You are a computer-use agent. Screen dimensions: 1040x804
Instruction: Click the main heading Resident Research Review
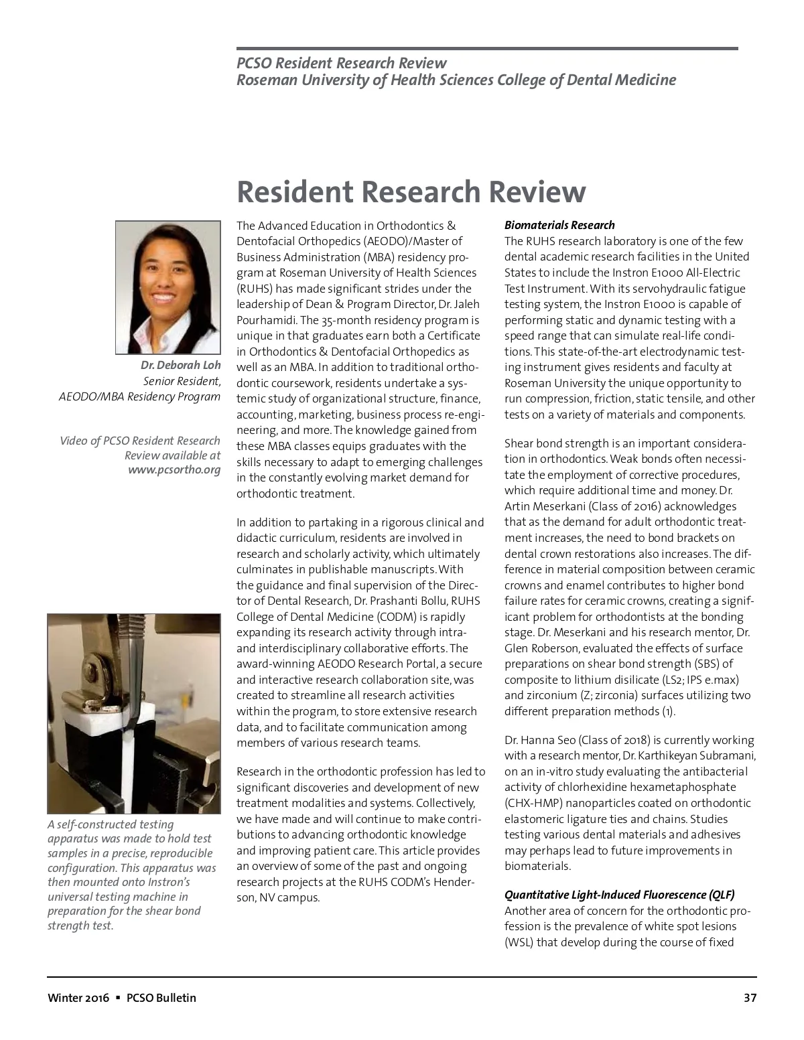(x=411, y=192)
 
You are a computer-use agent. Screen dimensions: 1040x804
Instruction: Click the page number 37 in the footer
(x=750, y=998)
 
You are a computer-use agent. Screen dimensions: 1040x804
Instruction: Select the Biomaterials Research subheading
(x=559, y=225)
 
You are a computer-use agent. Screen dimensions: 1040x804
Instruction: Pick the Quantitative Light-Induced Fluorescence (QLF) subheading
(x=619, y=895)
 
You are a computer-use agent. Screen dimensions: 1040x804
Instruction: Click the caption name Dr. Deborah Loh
(x=180, y=366)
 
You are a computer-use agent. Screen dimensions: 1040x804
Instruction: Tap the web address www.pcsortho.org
(x=174, y=469)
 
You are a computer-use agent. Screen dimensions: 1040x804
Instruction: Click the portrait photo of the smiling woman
(x=167, y=287)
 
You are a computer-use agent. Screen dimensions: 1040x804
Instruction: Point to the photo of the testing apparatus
(x=133, y=713)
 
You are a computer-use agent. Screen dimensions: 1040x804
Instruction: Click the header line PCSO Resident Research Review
(x=341, y=63)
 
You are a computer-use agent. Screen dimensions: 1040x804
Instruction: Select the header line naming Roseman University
(x=456, y=80)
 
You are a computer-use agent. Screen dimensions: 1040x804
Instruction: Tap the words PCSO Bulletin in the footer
(x=161, y=998)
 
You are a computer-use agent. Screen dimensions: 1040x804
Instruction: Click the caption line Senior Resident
(x=182, y=381)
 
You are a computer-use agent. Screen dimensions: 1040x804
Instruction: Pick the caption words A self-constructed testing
(x=111, y=824)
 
